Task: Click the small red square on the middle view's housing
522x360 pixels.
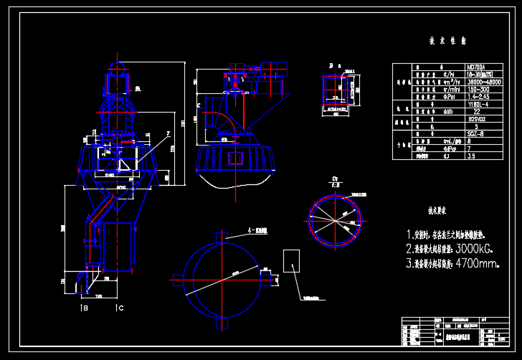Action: (x=234, y=157)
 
